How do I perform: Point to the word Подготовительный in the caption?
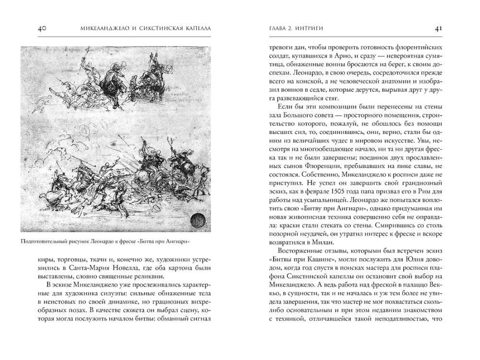(45, 241)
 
